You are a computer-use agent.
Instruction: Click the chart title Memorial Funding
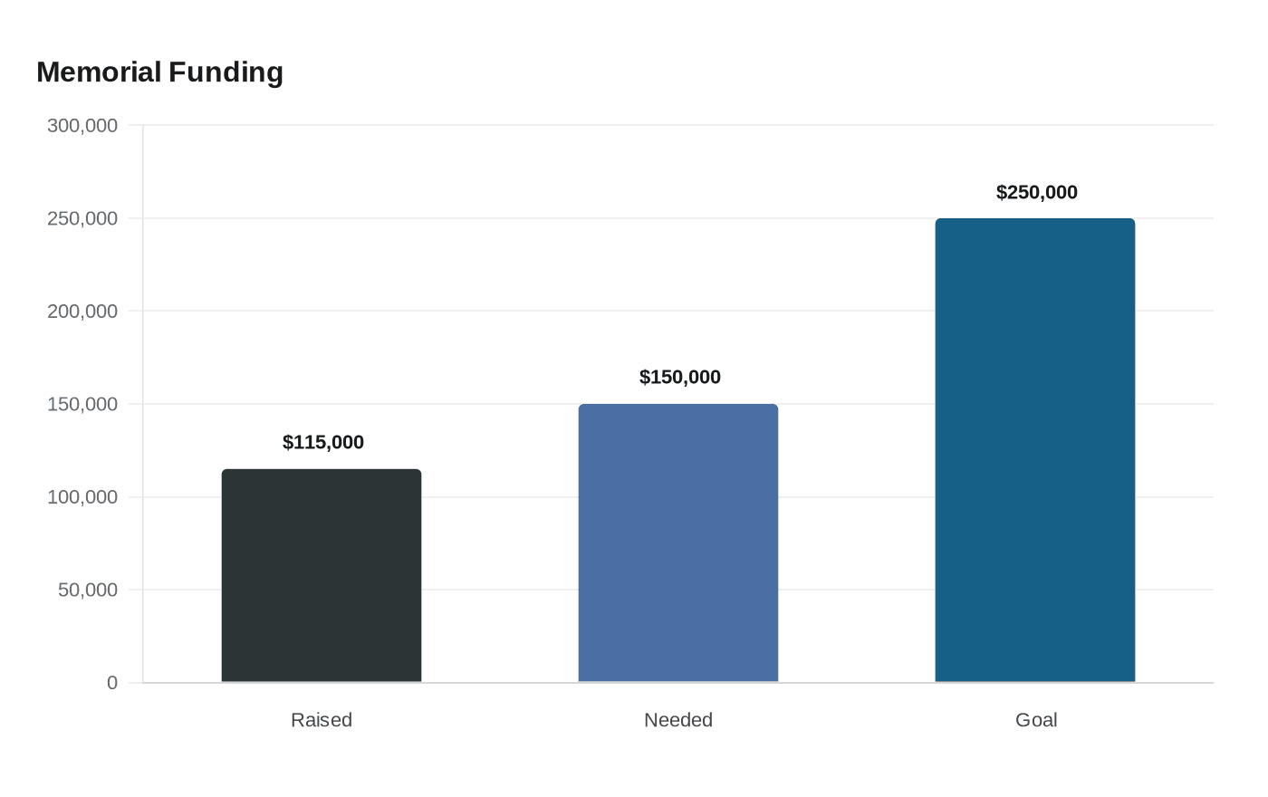tap(159, 72)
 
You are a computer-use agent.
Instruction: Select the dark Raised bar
tap(322, 576)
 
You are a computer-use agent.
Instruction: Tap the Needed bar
tap(678, 543)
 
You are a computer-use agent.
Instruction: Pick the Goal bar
tap(1034, 451)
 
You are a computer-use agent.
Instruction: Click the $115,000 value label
tap(323, 442)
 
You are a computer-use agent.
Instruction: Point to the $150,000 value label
tap(680, 377)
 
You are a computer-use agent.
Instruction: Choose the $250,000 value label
tap(1037, 192)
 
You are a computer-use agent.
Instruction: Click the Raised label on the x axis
tap(322, 720)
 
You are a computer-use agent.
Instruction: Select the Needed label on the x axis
tap(678, 720)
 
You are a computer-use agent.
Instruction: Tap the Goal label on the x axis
tap(1036, 720)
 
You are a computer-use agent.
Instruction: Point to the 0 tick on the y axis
tap(112, 683)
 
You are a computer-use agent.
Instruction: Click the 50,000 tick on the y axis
tap(88, 590)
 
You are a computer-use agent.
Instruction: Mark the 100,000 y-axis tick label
tap(82, 497)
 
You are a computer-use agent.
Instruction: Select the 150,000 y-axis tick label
tap(82, 404)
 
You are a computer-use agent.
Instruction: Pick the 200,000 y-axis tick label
tap(82, 312)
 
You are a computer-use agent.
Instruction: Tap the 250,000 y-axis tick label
tap(82, 218)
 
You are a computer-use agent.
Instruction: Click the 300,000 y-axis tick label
tap(82, 126)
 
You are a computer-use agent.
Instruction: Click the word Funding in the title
tap(226, 73)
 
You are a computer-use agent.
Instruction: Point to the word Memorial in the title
tap(99, 72)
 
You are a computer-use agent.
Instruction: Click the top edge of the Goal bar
tap(1034, 219)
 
